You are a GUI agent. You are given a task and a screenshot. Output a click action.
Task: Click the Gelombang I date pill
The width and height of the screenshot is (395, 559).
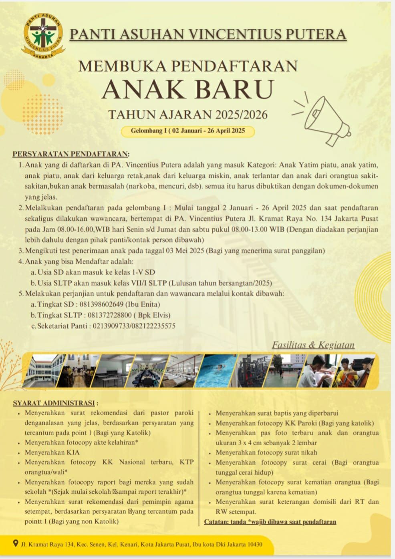(187, 131)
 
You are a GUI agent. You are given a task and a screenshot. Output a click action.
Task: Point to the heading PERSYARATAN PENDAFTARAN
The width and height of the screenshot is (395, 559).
(71, 154)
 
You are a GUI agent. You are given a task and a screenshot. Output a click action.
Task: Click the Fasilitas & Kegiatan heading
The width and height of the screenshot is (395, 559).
(313, 345)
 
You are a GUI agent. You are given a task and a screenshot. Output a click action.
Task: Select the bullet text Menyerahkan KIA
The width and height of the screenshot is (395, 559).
(52, 452)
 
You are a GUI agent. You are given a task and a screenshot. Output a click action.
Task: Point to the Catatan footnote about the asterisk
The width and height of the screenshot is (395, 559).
(270, 522)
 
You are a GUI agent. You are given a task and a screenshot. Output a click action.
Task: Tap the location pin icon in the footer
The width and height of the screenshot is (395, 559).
(15, 543)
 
